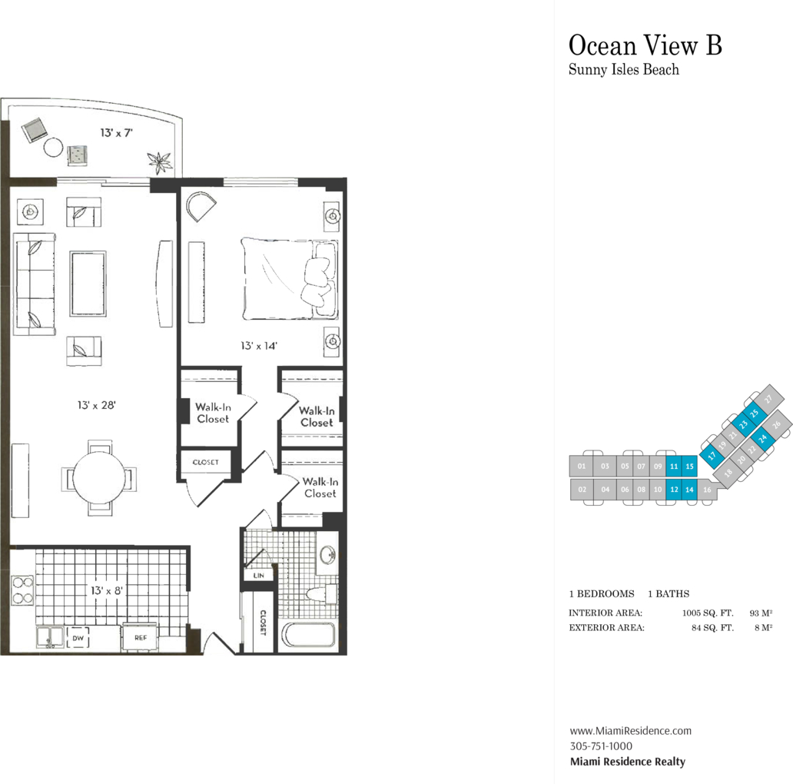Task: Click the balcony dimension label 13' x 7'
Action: [116, 132]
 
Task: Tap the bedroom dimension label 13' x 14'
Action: [259, 346]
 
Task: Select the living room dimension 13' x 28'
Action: [97, 405]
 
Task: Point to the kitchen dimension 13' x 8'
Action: [107, 590]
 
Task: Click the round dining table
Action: [99, 477]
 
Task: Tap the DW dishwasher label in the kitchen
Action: [78, 638]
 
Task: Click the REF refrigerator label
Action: [141, 638]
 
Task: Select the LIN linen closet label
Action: [258, 576]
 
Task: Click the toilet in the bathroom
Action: [322, 593]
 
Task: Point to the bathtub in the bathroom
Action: [308, 636]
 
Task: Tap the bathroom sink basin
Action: [327, 554]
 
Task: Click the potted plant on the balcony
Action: [160, 162]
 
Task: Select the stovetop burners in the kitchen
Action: [22, 590]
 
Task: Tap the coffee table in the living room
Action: [88, 284]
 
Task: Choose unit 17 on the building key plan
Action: [712, 456]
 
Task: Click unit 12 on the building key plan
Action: [674, 490]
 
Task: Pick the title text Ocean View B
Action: [645, 45]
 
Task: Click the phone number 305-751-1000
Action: [601, 746]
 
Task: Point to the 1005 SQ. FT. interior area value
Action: [708, 613]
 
